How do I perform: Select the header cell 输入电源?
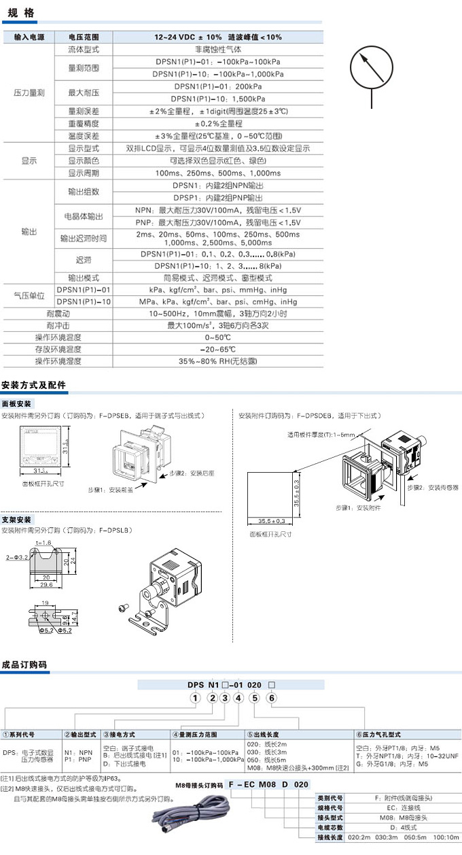point(28,37)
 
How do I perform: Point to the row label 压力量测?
point(28,93)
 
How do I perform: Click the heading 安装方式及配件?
point(35,385)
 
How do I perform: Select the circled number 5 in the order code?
point(254,698)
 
